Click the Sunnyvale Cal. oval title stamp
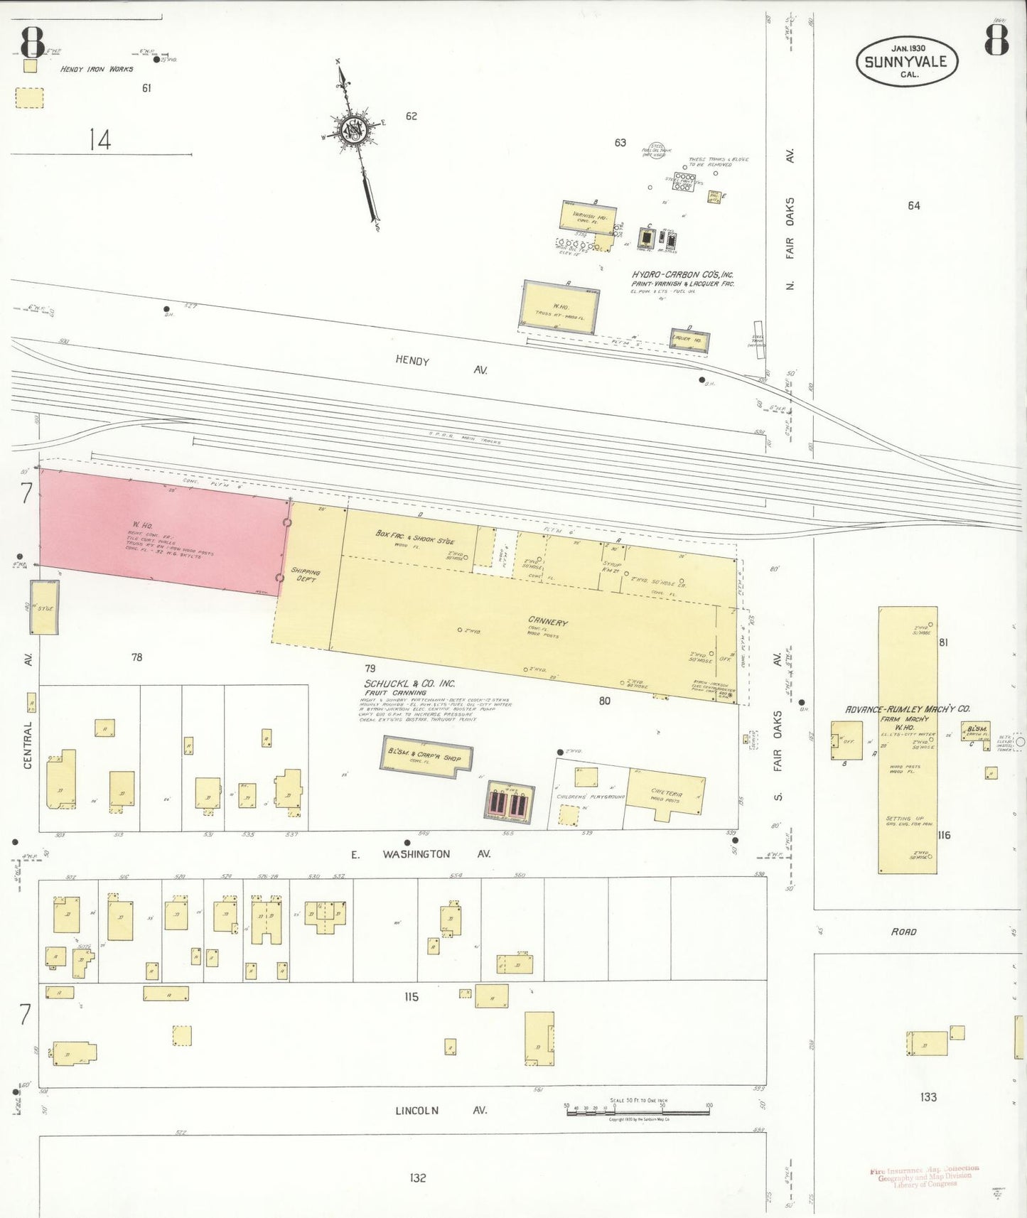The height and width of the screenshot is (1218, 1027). tap(906, 62)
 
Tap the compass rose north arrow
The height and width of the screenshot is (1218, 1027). tap(353, 129)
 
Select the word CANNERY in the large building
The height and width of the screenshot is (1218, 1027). tap(547, 622)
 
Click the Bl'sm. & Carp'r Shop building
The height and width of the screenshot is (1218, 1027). tap(426, 756)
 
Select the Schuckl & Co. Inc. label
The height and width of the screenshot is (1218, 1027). tap(409, 684)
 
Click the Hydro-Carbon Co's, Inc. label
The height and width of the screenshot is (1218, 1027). tap(682, 275)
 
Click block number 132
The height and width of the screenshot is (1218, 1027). tap(417, 1177)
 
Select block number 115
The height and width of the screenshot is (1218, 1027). tap(412, 997)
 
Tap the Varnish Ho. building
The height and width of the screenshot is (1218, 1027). tap(588, 218)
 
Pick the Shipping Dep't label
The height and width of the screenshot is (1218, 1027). tap(306, 574)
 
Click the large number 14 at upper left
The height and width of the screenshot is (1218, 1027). tap(100, 139)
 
